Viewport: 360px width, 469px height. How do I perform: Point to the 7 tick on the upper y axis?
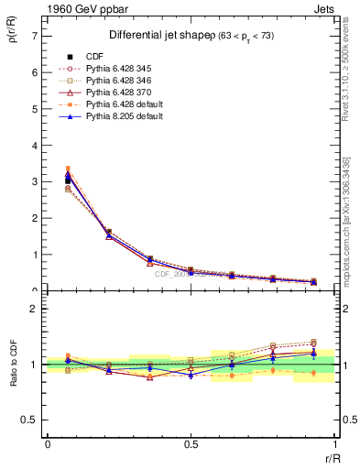(35, 35)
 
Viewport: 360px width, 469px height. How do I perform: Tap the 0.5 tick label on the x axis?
(191, 444)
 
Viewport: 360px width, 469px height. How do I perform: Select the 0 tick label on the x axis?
(48, 444)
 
